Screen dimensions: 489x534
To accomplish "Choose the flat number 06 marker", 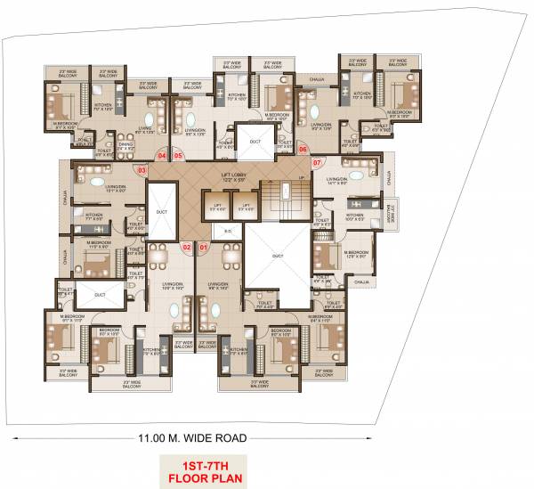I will pyautogui.click(x=303, y=150).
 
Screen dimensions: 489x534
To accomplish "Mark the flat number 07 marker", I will pyautogui.click(x=318, y=161).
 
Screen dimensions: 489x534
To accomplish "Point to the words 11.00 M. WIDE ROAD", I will pyautogui.click(x=191, y=437).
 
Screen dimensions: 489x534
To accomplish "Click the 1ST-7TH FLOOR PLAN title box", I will pyautogui.click(x=191, y=469).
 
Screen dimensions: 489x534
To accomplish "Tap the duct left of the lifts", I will pyautogui.click(x=161, y=212).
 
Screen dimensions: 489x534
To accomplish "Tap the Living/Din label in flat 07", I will pyautogui.click(x=338, y=181).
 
